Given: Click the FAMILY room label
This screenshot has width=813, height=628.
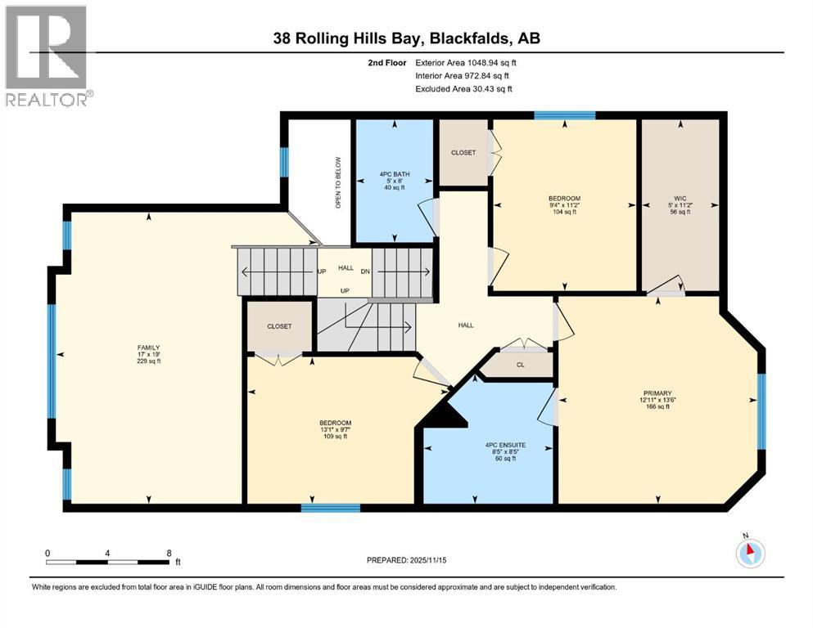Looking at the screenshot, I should (x=148, y=348).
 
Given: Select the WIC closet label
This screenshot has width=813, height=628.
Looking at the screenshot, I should (x=679, y=197).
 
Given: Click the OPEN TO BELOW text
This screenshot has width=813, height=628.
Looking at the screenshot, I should (x=337, y=182).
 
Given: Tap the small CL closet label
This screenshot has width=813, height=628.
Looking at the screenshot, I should (x=520, y=366).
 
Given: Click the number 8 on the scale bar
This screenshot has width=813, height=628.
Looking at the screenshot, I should (x=169, y=553).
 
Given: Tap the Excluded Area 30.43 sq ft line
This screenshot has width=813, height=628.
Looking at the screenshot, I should (x=466, y=88).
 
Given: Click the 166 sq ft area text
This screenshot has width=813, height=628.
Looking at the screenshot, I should (x=657, y=406).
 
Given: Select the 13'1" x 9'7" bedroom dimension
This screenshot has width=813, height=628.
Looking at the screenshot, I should (x=336, y=429).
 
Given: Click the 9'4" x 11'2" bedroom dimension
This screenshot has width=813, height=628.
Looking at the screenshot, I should (x=564, y=205).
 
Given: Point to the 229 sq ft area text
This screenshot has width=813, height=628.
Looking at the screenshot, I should (x=148, y=361).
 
